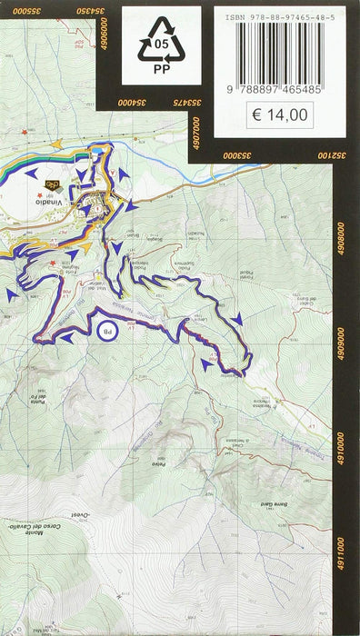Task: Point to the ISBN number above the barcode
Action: pyautogui.click(x=285, y=15)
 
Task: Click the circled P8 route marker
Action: pyautogui.click(x=106, y=332)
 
